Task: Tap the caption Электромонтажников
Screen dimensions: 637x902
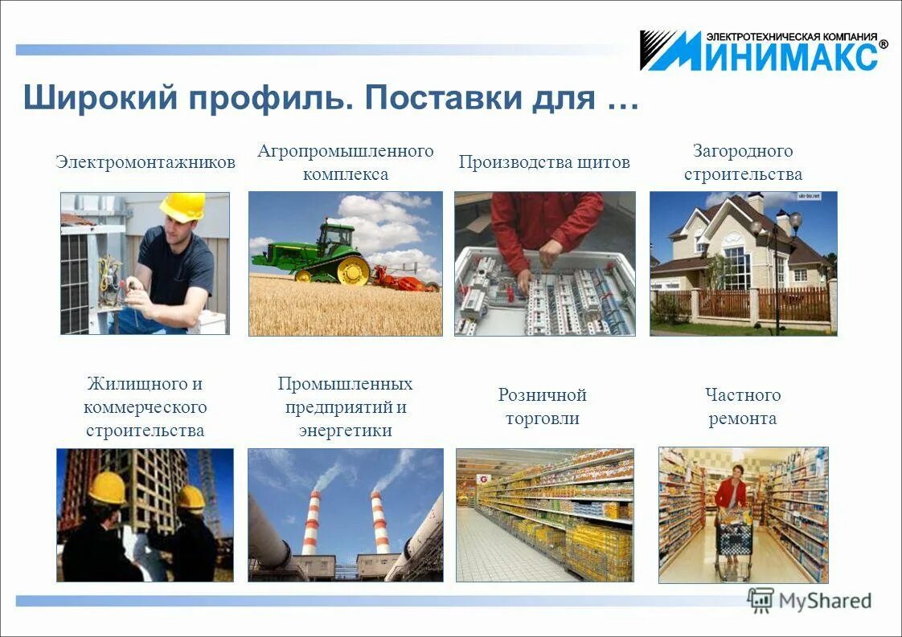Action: (146, 162)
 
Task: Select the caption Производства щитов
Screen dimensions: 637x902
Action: (544, 162)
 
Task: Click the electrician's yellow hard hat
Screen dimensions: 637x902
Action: (182, 206)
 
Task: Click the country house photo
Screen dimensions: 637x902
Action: (743, 263)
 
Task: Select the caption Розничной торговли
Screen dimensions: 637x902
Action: (543, 406)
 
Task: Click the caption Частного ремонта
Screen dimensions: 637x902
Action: (743, 406)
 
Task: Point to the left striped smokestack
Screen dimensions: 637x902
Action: (310, 522)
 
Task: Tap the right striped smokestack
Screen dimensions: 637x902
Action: (379, 522)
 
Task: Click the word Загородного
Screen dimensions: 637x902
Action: (743, 151)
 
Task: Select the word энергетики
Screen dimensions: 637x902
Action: (346, 431)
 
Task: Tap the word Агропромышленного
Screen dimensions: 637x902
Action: (346, 151)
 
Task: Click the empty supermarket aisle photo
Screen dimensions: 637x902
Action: (544, 514)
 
